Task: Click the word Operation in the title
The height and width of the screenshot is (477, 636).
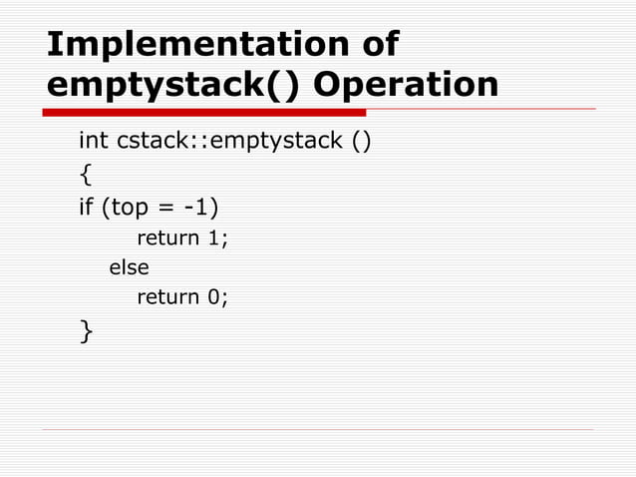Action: tap(406, 85)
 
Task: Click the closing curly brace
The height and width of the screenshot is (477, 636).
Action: tap(85, 330)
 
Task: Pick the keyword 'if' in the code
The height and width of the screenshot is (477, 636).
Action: tap(86, 208)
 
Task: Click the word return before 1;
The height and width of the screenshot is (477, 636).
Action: tap(167, 238)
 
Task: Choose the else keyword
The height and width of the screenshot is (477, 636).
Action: tap(129, 266)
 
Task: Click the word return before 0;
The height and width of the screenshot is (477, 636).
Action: tap(167, 296)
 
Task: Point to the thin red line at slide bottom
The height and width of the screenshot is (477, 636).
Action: tap(319, 429)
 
